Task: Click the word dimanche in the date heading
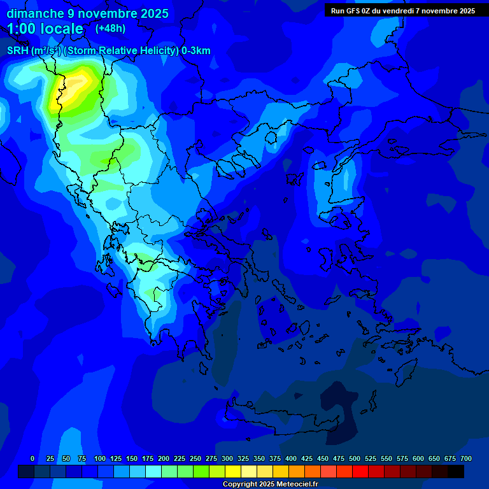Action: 34,13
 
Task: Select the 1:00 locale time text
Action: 45,29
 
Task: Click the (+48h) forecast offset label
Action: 110,29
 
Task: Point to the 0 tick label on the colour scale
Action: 32,458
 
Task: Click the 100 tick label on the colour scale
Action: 100,458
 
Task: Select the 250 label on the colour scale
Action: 195,458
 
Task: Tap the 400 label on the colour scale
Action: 291,458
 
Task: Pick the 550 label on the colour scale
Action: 386,458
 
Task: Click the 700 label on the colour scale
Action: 466,458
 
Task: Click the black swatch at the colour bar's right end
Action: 456,471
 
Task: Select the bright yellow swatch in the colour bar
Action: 233,471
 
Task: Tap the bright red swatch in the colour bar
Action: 360,471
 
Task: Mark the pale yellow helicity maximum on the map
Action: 72,87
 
